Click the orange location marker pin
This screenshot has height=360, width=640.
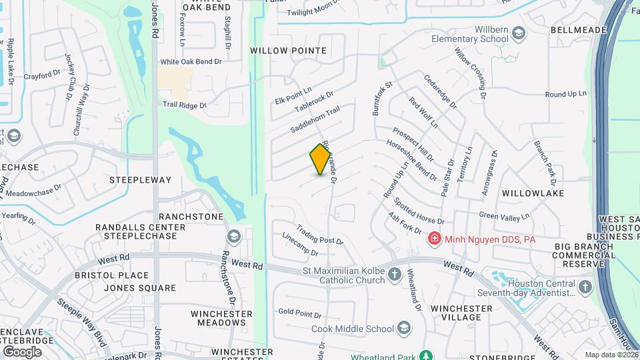tap(321, 159)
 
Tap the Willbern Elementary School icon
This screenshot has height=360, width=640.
tap(519, 33)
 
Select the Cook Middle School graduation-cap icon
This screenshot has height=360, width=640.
tap(404, 328)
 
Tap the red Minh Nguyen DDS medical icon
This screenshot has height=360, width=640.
tap(434, 238)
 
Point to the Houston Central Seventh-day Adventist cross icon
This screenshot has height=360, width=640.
tap(585, 287)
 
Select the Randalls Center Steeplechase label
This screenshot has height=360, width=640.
tap(140, 231)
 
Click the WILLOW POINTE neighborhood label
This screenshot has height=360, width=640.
tap(288, 51)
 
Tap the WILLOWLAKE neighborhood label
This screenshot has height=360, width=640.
tap(533, 193)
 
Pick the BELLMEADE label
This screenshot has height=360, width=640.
tap(579, 30)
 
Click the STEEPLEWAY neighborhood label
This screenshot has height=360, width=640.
tap(140, 180)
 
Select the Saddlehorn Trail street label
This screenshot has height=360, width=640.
tap(315, 119)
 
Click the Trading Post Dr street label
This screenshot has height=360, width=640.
tap(319, 233)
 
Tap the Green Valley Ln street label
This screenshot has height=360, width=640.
tap(505, 215)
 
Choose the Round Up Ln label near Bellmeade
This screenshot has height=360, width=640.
tap(565, 95)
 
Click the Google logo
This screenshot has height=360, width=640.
tap(22, 351)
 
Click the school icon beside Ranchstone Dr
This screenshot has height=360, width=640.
tap(233, 237)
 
